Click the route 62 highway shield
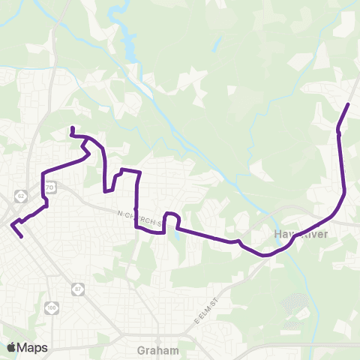[x=21, y=196]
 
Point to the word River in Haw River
[x=315, y=235]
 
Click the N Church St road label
[x=140, y=218]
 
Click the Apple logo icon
[x=11, y=346]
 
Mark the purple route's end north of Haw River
[x=349, y=103]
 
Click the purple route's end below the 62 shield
[x=22, y=237]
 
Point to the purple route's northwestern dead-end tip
[x=71, y=128]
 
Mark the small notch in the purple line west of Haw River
[x=238, y=241]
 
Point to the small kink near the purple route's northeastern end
[x=338, y=130]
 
